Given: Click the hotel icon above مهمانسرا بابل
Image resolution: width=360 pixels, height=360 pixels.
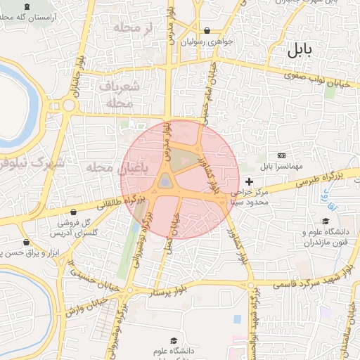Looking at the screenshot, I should point(282,155).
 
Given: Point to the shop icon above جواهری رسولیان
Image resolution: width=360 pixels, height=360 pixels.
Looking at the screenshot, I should point(207,31).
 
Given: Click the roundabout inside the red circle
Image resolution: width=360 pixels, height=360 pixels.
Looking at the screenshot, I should point(165,182).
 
